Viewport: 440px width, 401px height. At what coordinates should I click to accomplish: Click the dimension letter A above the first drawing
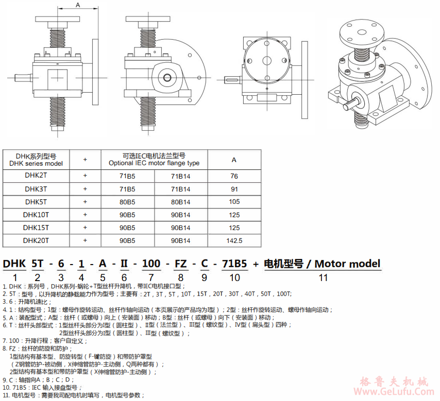(x=78, y=5)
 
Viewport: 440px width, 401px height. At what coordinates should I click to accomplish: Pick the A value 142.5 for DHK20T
(x=234, y=240)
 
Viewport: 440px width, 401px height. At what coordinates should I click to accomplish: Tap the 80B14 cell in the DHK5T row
(x=181, y=202)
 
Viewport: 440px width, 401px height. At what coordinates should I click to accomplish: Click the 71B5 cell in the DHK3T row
(x=127, y=189)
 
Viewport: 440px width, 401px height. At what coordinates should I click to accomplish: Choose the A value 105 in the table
(x=234, y=202)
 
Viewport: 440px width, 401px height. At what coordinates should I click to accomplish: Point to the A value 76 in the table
(x=234, y=176)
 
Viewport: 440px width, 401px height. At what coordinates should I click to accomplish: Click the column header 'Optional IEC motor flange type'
(x=154, y=163)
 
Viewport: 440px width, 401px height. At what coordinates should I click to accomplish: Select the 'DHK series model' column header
(x=36, y=164)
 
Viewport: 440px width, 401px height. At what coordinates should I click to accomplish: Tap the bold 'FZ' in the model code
(x=181, y=264)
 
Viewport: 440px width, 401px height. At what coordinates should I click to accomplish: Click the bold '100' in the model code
(x=151, y=264)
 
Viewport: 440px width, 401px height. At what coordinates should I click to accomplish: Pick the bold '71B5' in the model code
(x=234, y=264)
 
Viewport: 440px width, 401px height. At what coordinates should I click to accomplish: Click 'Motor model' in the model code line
(x=347, y=264)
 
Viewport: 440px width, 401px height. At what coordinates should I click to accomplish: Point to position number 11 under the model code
(x=323, y=278)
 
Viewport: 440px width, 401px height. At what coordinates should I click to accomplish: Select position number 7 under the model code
(x=151, y=278)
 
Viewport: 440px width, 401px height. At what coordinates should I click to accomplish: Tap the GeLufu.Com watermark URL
(x=394, y=391)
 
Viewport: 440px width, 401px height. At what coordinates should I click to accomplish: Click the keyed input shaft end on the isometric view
(x=350, y=104)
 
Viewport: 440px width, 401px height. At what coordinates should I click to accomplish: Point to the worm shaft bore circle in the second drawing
(x=167, y=77)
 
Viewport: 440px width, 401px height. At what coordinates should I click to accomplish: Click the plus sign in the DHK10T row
(x=85, y=215)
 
